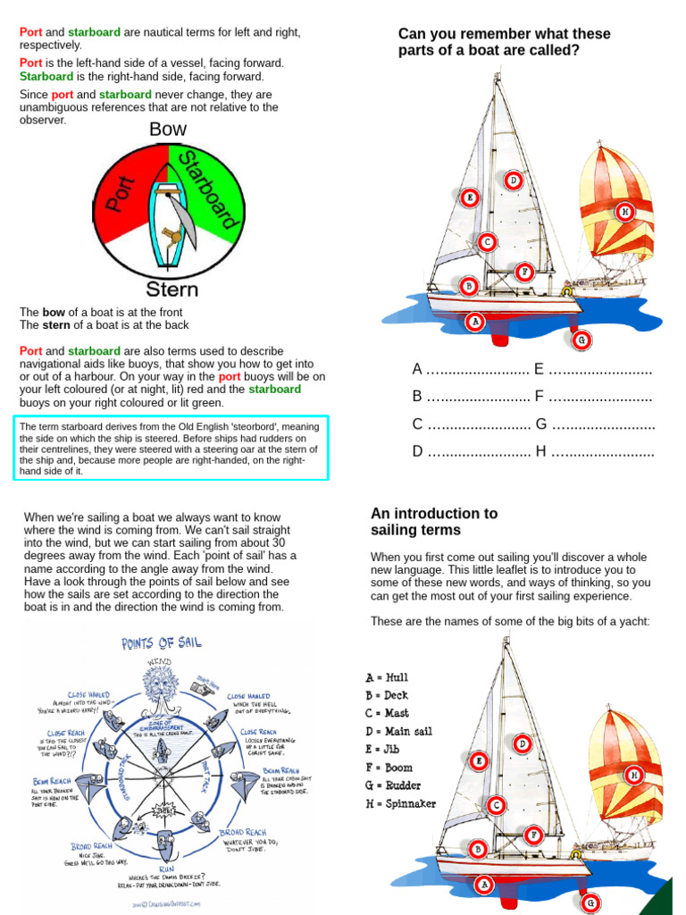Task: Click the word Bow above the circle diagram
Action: pos(168,130)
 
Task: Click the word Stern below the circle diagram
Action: pos(171,290)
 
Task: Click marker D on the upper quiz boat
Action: pos(513,180)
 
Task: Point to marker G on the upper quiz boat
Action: pos(581,340)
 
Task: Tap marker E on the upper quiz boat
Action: pos(470,197)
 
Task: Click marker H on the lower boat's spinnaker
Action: pos(633,775)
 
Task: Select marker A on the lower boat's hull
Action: pos(484,885)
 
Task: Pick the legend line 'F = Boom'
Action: pos(389,767)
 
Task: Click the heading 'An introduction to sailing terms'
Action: pos(434,522)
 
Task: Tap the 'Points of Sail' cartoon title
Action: pos(163,643)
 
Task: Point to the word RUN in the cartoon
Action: pos(167,868)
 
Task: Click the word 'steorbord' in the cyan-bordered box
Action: pos(220,427)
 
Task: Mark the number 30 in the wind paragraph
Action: pos(278,542)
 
